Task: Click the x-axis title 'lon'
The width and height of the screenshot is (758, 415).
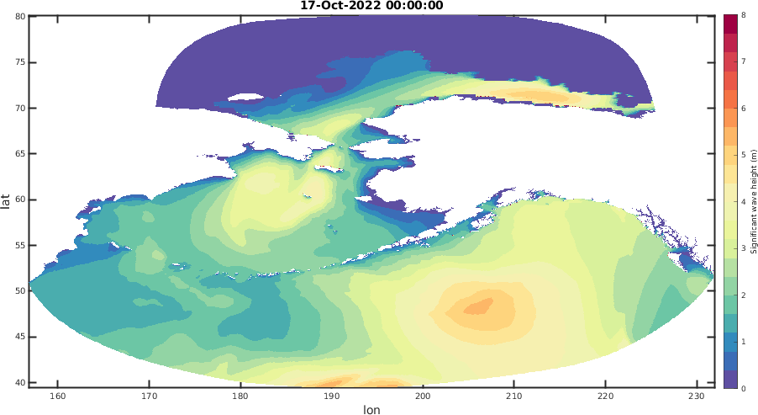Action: point(371,410)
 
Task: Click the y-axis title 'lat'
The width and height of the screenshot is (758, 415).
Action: point(6,200)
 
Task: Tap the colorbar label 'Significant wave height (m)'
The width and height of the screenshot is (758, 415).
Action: point(753,200)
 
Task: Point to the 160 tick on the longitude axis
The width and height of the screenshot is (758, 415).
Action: point(58,396)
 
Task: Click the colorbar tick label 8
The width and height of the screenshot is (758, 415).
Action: point(743,15)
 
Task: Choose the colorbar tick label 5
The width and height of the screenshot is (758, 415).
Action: point(743,155)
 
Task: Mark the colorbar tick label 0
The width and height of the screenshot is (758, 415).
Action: point(743,389)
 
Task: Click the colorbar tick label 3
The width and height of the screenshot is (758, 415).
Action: point(743,248)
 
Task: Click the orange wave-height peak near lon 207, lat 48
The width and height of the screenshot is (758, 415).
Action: point(482,306)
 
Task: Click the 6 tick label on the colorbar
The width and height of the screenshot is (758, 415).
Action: point(743,109)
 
